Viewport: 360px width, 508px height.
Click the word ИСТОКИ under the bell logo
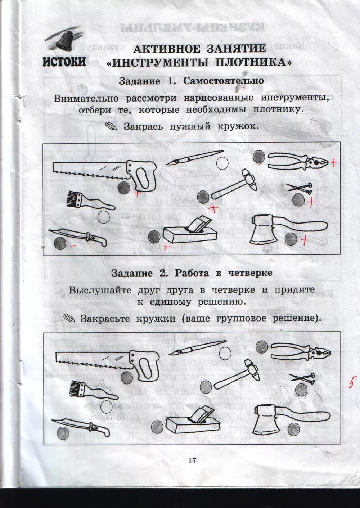click(x=64, y=62)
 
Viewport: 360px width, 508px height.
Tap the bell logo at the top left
click(x=63, y=39)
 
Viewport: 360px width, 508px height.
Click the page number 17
click(x=192, y=460)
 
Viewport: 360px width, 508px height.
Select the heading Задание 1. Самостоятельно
click(x=191, y=81)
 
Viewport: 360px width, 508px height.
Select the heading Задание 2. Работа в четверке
click(x=192, y=273)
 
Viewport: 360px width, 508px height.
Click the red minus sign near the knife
click(x=73, y=246)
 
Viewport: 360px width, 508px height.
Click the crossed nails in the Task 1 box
click(x=300, y=188)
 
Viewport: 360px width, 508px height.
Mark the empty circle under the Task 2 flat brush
click(x=107, y=407)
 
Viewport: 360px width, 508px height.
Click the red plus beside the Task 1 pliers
click(x=334, y=162)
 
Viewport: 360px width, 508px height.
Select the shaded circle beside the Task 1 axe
click(x=291, y=239)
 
